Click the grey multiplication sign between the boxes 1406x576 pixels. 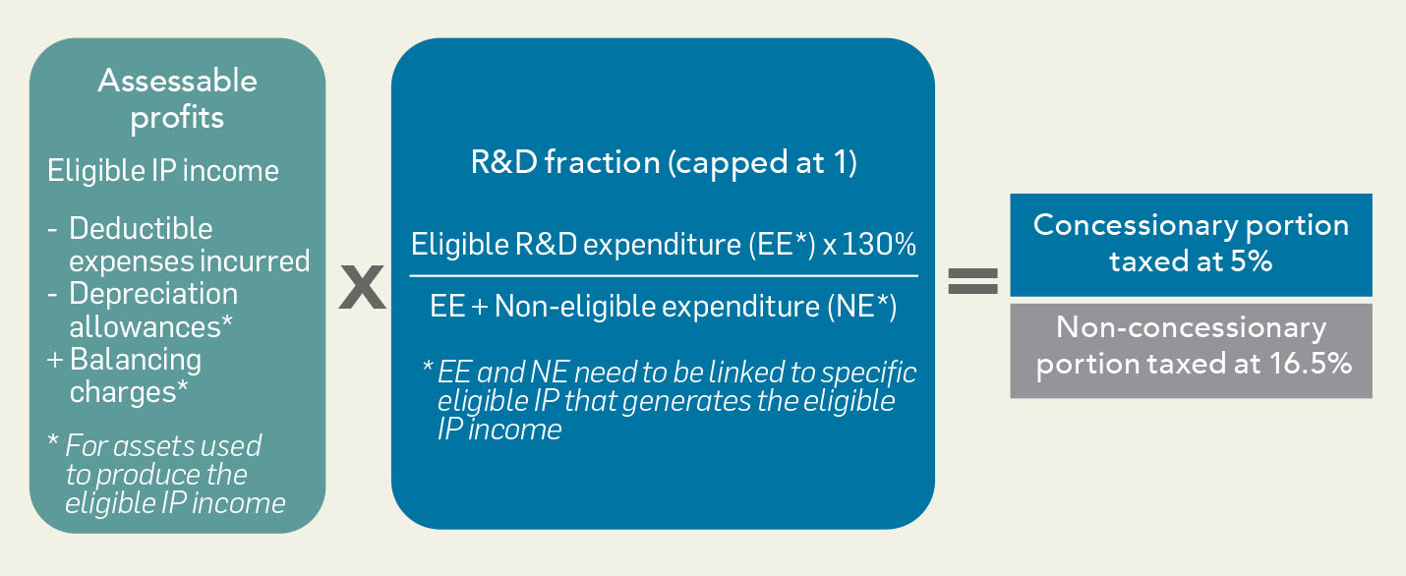click(362, 287)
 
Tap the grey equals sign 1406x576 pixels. click(972, 281)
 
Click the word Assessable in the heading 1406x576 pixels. click(178, 81)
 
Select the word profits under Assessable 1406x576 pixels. click(177, 118)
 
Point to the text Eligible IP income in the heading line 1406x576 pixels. click(163, 171)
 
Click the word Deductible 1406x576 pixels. click(141, 228)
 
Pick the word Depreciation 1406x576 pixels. click(153, 294)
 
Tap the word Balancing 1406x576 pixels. click(136, 360)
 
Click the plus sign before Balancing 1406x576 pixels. click(55, 360)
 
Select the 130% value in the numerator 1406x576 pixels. click(879, 244)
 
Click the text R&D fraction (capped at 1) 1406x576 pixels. click(664, 162)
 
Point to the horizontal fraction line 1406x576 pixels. click(664, 275)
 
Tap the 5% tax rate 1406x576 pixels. click(1251, 261)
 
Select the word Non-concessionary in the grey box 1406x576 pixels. click(1191, 327)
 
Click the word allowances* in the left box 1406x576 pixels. click(150, 327)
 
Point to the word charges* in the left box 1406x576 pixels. click(129, 393)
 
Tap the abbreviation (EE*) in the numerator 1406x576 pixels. click(782, 244)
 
